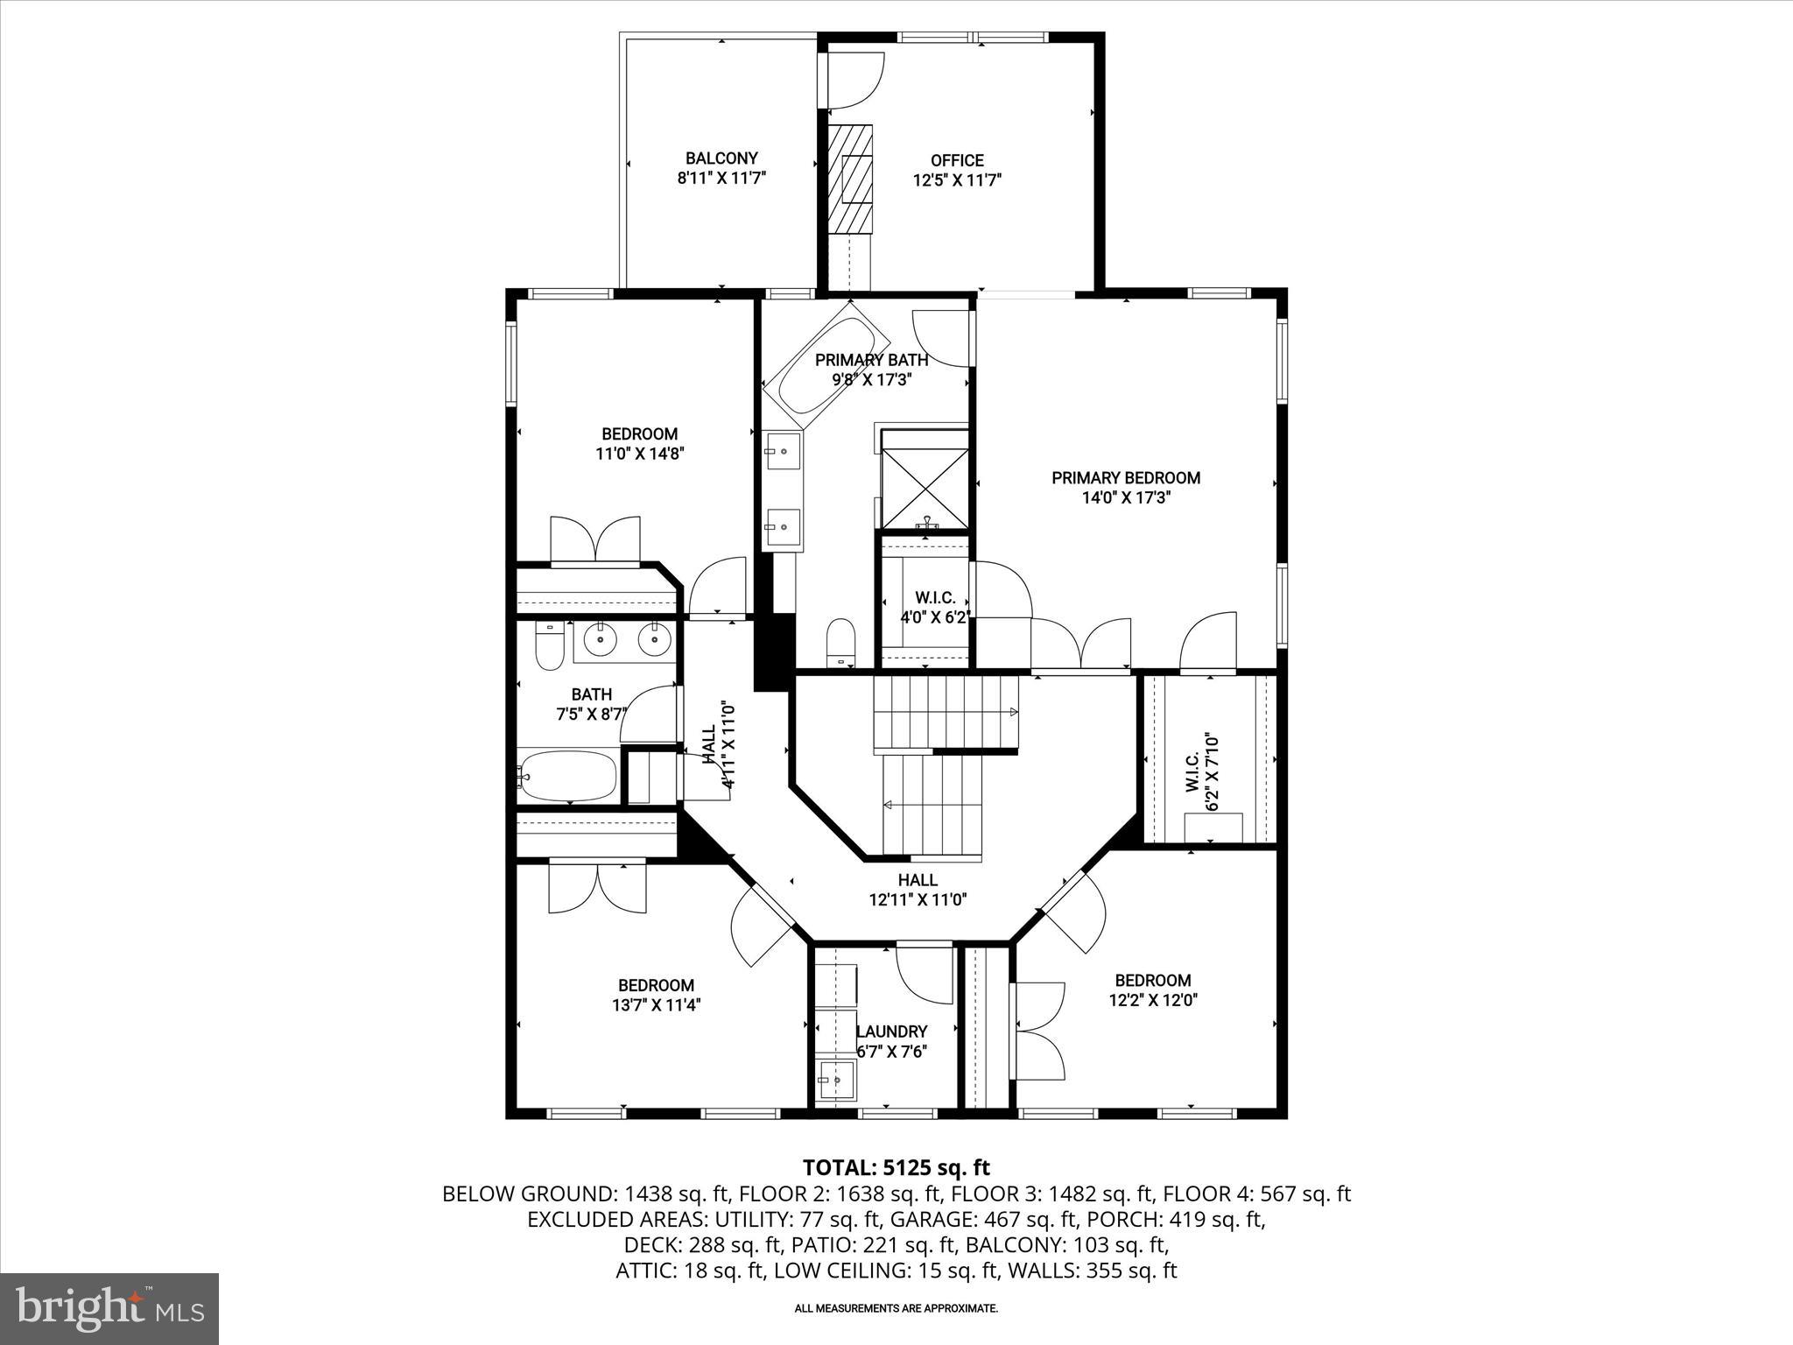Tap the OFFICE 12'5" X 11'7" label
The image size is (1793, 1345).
pos(957,171)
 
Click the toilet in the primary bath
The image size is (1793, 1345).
pos(840,642)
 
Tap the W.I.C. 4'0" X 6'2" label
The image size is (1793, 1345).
pos(935,607)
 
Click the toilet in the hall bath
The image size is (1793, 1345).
pos(549,647)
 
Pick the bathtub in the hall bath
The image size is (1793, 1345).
pos(566,776)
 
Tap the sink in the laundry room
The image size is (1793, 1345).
pos(837,1081)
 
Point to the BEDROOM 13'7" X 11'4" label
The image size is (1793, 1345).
pos(656,996)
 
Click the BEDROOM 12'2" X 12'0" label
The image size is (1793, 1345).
pos(1152,990)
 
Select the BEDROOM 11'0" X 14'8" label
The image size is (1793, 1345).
pos(639,444)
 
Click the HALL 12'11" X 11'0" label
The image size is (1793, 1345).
pos(917,890)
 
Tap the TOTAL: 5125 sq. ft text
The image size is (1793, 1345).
pos(896,1167)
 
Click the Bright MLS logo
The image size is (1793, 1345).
pos(109,1309)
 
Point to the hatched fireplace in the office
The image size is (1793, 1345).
pos(851,179)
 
